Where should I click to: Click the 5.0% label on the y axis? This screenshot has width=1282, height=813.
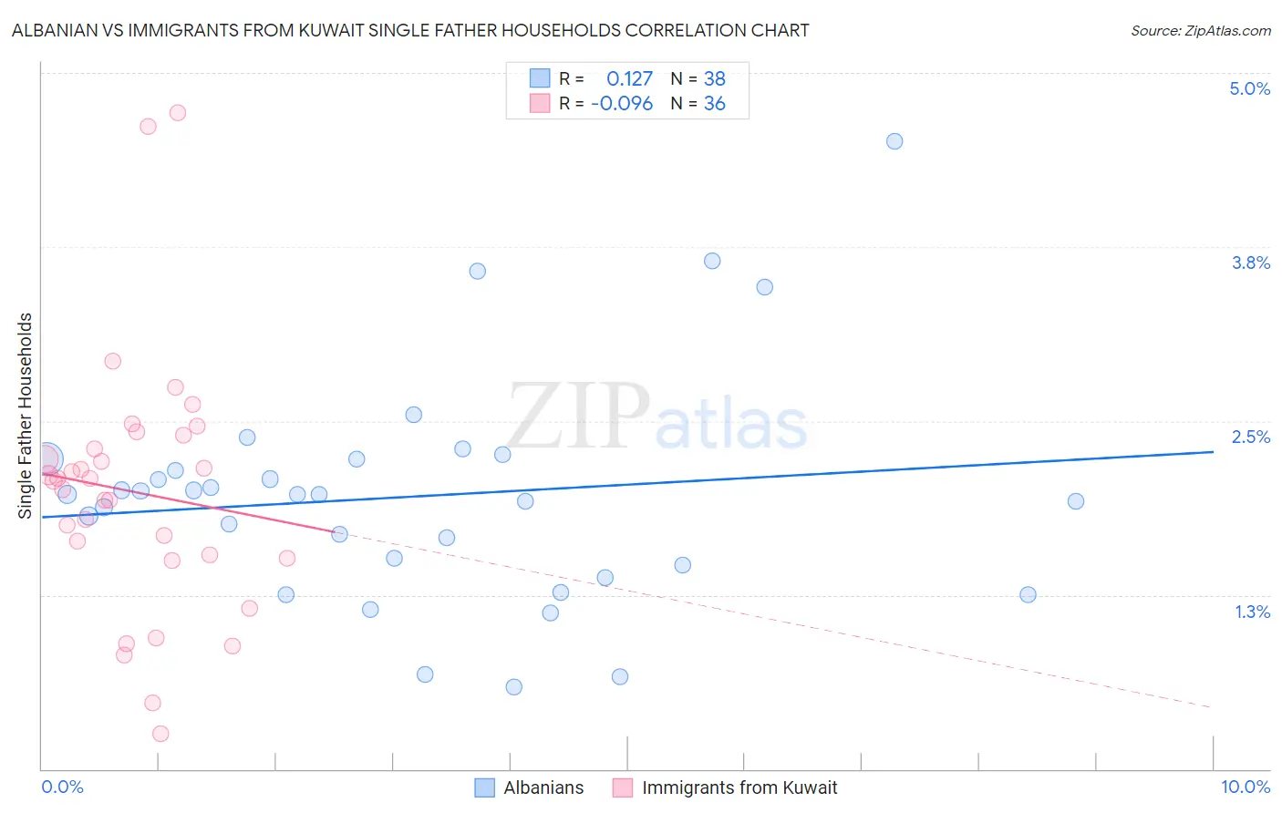point(1249,88)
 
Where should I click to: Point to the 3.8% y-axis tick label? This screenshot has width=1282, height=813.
point(1250,262)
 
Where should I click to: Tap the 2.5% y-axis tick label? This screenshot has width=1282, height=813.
point(1250,437)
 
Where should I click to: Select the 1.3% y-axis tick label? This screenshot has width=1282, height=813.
point(1252,612)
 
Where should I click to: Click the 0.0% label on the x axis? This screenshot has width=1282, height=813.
point(62,787)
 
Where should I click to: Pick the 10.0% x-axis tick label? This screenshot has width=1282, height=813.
point(1245,787)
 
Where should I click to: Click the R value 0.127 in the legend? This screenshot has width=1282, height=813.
point(629,78)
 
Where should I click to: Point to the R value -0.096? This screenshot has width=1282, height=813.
point(622,103)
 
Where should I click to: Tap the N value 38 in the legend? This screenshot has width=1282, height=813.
point(714,78)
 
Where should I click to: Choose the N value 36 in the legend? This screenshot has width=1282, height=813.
point(714,103)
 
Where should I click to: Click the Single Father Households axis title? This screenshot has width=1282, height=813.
point(25,416)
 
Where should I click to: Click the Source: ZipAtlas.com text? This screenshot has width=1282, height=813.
point(1200,30)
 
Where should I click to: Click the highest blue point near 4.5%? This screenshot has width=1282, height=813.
point(894,141)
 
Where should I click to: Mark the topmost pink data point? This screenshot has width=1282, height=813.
point(178,113)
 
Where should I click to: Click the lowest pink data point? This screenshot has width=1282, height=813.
point(160,734)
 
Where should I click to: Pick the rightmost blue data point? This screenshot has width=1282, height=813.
point(1076,501)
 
